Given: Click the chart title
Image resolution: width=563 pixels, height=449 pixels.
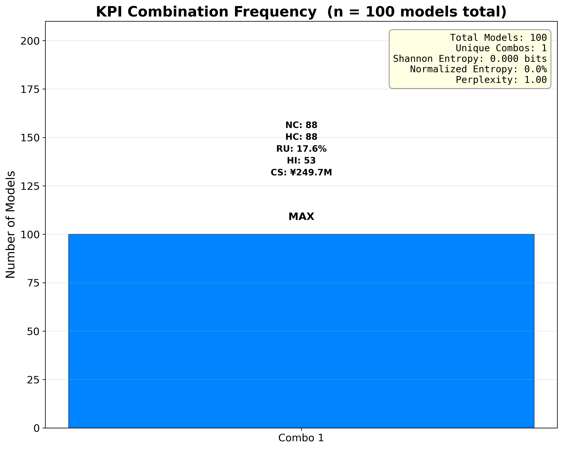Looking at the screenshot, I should point(301,12).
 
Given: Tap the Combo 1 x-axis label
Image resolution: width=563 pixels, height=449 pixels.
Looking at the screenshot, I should point(301,438).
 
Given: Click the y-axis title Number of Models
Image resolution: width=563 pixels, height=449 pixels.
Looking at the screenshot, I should point(10,225).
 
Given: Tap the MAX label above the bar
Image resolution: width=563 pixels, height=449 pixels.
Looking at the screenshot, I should point(301,217).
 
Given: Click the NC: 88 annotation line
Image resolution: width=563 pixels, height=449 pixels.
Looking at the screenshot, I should point(301,125).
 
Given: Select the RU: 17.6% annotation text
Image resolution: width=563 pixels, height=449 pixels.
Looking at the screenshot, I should point(301,149).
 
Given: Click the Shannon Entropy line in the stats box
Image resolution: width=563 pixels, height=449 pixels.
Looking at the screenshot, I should point(470,59).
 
